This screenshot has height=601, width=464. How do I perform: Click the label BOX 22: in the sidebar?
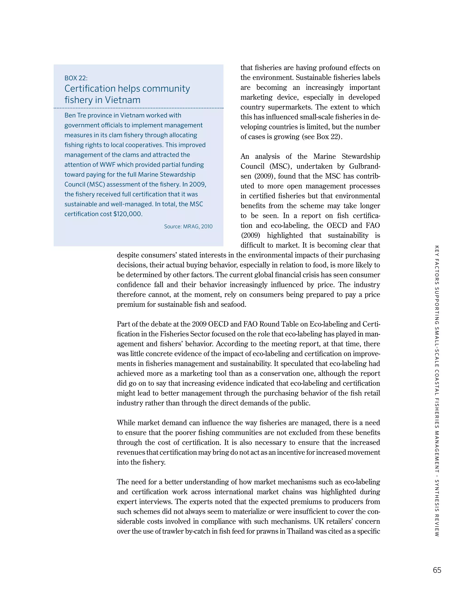(x=76, y=78)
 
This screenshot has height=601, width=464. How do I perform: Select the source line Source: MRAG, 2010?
(x=188, y=227)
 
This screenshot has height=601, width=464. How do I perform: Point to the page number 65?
(x=437, y=570)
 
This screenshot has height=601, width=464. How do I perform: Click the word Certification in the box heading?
(x=90, y=89)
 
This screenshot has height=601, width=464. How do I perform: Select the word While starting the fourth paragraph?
(x=126, y=423)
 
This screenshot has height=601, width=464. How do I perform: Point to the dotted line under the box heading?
(x=138, y=108)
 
